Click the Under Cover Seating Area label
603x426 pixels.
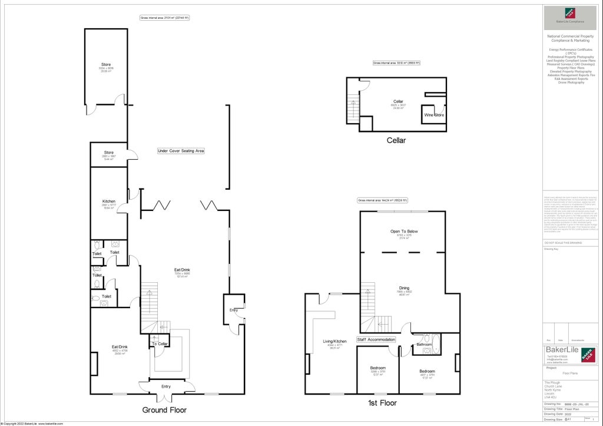tap(181, 151)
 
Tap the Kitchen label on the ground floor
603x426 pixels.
tap(109, 201)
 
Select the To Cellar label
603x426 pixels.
tap(160, 344)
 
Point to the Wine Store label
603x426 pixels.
tap(434, 115)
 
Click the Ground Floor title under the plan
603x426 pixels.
tap(164, 410)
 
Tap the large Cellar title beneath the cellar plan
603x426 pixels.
tap(396, 140)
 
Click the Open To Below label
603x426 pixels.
tap(404, 232)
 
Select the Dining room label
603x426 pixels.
tap(404, 288)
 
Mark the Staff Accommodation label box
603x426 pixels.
tap(376, 340)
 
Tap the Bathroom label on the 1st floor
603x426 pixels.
tap(424, 345)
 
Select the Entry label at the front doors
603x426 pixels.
tap(166, 387)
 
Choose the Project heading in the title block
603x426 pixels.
tap(551, 368)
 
